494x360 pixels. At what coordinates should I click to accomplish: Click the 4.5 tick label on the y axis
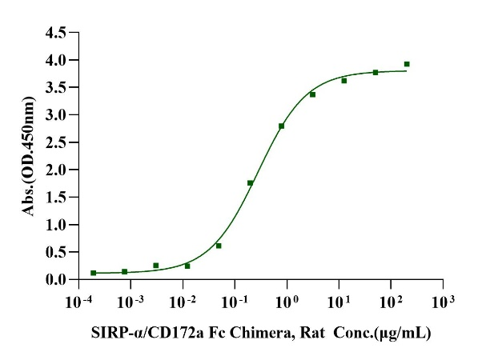[57, 33]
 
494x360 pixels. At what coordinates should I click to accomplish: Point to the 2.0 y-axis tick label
[57, 170]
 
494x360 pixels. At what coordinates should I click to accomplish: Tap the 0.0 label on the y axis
[57, 279]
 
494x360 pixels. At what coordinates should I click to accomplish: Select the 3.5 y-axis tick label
[57, 87]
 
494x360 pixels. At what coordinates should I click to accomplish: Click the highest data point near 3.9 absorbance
[407, 64]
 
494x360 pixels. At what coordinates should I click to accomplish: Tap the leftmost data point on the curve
[94, 273]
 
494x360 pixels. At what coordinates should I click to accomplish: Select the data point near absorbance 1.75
[251, 183]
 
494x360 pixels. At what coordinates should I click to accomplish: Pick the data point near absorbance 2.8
[282, 126]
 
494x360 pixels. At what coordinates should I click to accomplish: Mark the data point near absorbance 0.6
[219, 246]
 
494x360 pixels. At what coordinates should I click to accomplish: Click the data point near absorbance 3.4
[312, 94]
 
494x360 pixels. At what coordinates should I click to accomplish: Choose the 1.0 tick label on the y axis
[57, 225]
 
